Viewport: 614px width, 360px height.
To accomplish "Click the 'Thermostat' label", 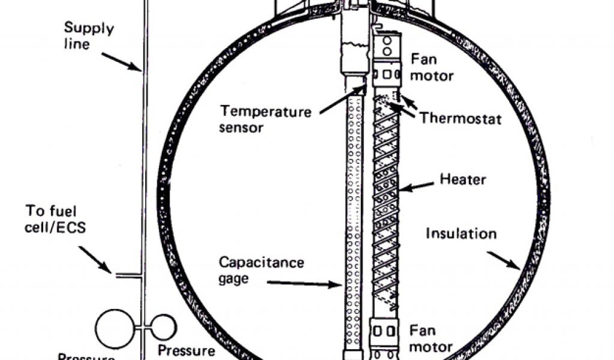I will click(460, 117).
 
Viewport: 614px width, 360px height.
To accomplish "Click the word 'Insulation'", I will click(460, 233).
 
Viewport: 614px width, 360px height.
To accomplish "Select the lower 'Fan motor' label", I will click(431, 338).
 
